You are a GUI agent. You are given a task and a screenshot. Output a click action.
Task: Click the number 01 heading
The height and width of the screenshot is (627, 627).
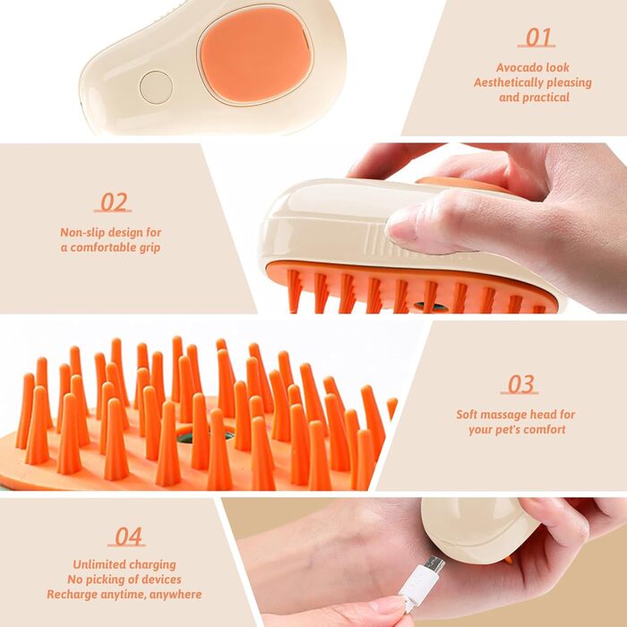[x=537, y=38]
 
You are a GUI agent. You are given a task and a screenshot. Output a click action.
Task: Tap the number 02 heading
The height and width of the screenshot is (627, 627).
[x=113, y=202]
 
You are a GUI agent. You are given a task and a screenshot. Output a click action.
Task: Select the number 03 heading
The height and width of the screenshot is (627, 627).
[x=520, y=384]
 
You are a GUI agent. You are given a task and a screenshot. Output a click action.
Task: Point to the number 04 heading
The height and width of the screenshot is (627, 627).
[x=127, y=537]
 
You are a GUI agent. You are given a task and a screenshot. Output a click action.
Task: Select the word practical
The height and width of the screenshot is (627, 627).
[x=545, y=98]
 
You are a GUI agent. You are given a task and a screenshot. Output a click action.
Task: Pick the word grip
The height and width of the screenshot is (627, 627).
[x=150, y=248]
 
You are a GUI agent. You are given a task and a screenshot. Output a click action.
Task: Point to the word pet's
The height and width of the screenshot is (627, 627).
[x=506, y=430]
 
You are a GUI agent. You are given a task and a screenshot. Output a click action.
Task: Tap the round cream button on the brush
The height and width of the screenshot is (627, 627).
[x=156, y=88]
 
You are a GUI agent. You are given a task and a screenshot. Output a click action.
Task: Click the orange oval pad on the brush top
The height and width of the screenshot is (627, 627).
[x=256, y=54]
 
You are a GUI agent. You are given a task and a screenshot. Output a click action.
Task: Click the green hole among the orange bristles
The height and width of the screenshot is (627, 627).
[x=206, y=434]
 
